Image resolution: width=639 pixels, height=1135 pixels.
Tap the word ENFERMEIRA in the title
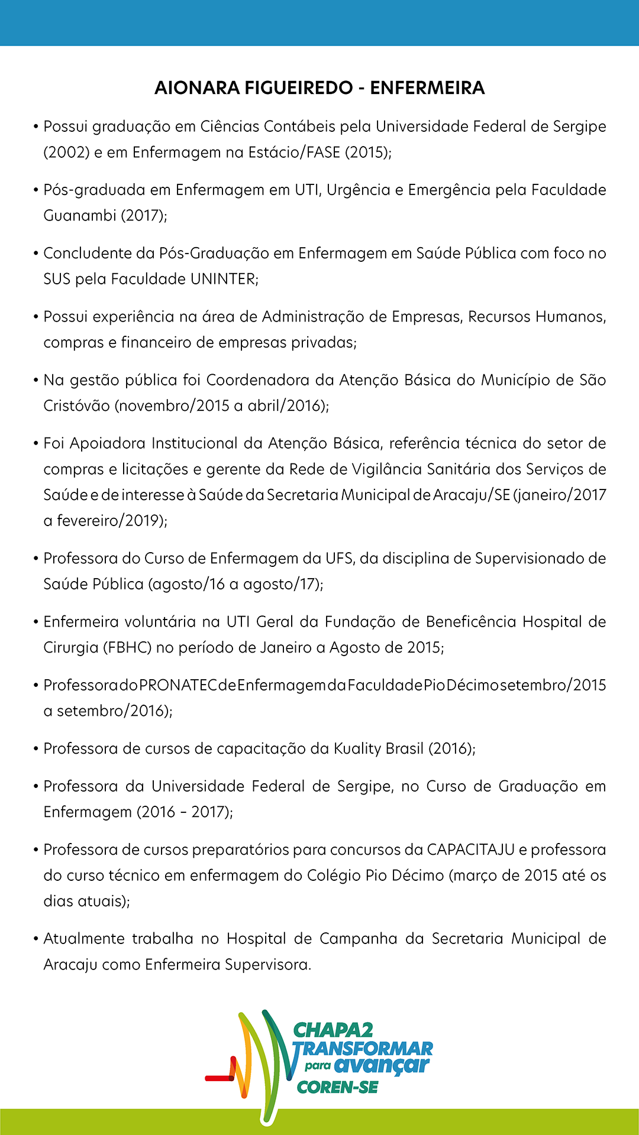click(x=427, y=88)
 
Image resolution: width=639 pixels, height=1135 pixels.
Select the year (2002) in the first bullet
click(x=66, y=153)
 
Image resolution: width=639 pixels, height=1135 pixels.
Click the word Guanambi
click(x=79, y=216)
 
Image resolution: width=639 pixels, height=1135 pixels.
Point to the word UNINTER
click(x=224, y=279)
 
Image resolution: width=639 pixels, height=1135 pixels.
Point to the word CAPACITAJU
click(x=471, y=850)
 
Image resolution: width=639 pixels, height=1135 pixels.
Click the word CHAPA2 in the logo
click(x=333, y=1031)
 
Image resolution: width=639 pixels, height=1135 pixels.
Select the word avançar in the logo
click(x=382, y=1066)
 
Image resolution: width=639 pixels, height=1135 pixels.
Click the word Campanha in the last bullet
click(x=358, y=939)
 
